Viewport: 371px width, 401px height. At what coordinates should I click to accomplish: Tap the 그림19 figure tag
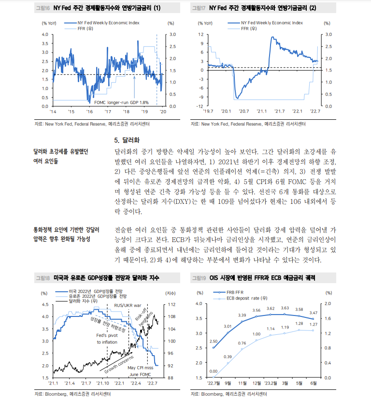click(x=199, y=278)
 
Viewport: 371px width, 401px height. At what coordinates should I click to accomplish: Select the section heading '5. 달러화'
click(x=127, y=141)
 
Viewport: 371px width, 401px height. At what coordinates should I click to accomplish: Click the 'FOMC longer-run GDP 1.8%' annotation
click(x=121, y=102)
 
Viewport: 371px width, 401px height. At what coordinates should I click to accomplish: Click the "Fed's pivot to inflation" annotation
click(x=107, y=339)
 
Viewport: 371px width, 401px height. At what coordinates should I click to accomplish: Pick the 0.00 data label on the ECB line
click(x=213, y=371)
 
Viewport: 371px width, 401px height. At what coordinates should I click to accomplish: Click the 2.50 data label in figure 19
click(x=213, y=341)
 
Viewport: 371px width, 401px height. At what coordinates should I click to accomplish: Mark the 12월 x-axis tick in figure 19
click(x=257, y=384)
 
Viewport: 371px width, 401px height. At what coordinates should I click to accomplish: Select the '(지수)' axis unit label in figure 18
click(x=170, y=293)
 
